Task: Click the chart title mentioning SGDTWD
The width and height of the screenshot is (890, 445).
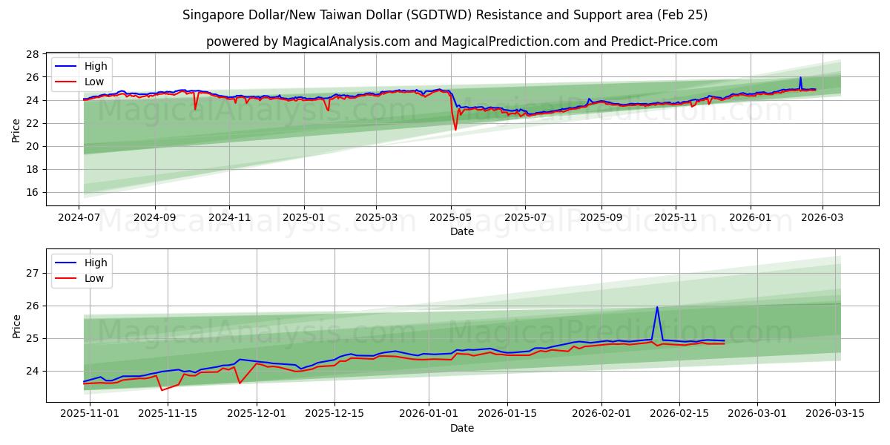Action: click(445, 15)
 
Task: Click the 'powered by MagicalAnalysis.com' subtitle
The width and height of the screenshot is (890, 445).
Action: click(461, 42)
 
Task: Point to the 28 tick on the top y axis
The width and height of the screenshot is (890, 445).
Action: click(32, 54)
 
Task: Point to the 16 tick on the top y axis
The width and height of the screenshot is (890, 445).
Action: click(32, 192)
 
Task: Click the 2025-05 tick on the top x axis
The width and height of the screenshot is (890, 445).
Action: click(451, 219)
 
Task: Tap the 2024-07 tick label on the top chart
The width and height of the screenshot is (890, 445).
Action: click(79, 219)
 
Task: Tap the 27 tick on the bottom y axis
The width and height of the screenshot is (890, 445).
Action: click(32, 273)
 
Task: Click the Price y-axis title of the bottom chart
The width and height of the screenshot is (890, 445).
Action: click(16, 326)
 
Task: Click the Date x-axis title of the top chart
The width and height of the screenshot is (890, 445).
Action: click(461, 232)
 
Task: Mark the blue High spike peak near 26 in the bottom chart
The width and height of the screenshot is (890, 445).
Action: click(657, 307)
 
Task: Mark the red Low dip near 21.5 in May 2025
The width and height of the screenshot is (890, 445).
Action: click(455, 130)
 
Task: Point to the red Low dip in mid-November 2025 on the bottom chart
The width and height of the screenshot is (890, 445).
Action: click(162, 390)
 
